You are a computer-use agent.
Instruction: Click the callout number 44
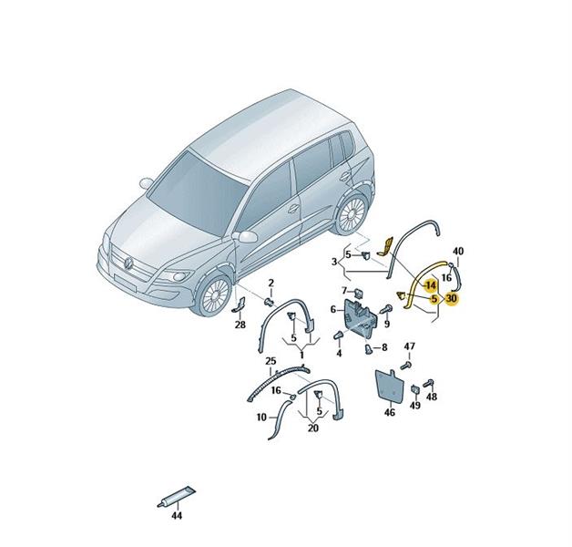pos(176,515)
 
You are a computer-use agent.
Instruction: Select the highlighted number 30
pos(451,298)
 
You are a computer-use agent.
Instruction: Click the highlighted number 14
pos(431,284)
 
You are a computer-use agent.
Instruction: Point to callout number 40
pos(458,252)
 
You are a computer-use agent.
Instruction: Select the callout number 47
pos(410,346)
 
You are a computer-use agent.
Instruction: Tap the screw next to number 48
pos(428,384)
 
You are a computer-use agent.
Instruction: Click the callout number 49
pos(415,405)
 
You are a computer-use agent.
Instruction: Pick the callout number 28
pos(240,325)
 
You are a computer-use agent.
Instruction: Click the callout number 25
pos(271,361)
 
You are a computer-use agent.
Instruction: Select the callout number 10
pos(261,417)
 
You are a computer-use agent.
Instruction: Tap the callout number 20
pos(313,428)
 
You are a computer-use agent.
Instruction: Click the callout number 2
pos(271,283)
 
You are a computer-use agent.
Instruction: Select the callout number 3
pos(334,262)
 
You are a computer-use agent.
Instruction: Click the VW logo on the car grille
pos(128,263)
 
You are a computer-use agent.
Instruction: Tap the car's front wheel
pos(215,296)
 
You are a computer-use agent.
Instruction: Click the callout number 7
pos(344,291)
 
